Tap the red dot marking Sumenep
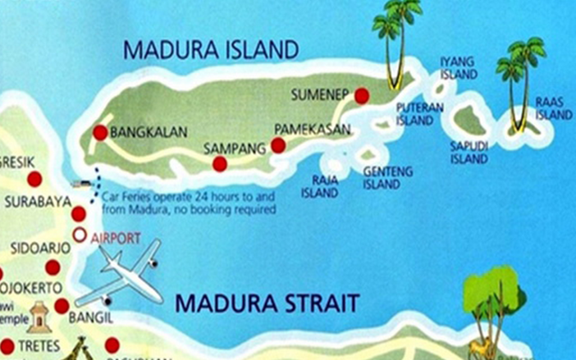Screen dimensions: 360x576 361,97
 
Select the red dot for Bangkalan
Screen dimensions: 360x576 100,132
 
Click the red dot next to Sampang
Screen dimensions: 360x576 220,164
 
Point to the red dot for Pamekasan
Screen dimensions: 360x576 278,145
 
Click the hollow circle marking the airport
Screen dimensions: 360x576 79,235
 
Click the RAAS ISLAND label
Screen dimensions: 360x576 553,107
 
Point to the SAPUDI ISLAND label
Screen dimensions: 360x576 469,153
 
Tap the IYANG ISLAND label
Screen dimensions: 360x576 457,68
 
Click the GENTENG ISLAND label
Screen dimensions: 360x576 382,178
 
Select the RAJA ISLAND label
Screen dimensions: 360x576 325,187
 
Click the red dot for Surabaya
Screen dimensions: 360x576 79,214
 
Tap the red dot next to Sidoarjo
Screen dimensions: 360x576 53,267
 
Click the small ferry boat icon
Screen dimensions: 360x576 80,184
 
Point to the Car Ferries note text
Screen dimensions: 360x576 189,203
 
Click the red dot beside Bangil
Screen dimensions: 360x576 62,307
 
